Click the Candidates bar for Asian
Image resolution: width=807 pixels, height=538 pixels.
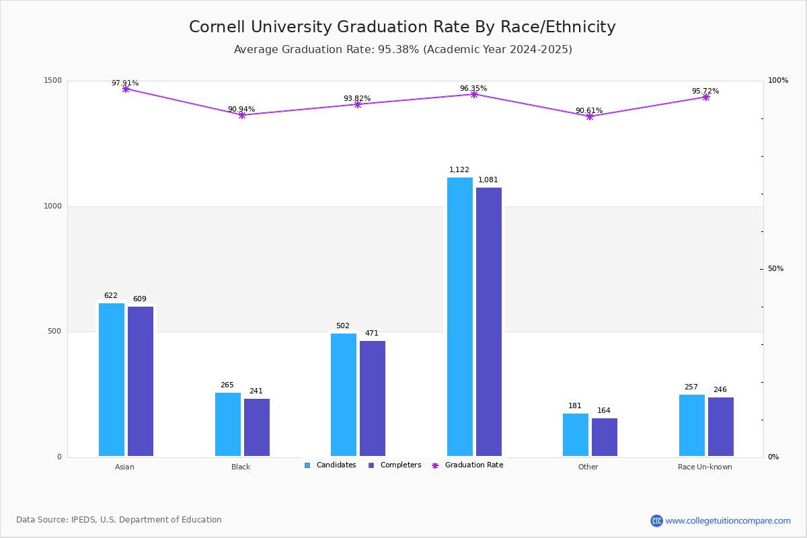[112, 380]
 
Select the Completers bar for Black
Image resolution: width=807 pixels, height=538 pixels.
[257, 428]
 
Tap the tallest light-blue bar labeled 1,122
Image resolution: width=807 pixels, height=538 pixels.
[460, 317]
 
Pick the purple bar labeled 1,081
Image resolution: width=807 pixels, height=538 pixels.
[489, 322]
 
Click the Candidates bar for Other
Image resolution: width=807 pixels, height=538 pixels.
[576, 435]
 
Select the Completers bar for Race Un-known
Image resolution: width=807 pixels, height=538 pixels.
[721, 427]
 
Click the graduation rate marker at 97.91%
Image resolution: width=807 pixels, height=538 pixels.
[126, 89]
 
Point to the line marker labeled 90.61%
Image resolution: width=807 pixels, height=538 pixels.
[590, 116]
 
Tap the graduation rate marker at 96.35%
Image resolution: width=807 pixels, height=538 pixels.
[474, 94]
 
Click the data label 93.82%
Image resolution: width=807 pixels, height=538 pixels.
[357, 99]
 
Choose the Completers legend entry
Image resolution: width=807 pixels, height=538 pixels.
[395, 465]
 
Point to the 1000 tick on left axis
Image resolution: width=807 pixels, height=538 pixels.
[54, 206]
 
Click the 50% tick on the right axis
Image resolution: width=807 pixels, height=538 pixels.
[775, 269]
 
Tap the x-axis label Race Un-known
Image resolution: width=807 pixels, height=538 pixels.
[705, 467]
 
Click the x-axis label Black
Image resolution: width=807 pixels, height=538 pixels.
[241, 467]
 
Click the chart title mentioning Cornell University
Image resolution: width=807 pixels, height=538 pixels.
[402, 27]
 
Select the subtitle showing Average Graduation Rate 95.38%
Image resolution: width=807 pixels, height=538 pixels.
[403, 50]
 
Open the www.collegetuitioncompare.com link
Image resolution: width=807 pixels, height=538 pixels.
[728, 521]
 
